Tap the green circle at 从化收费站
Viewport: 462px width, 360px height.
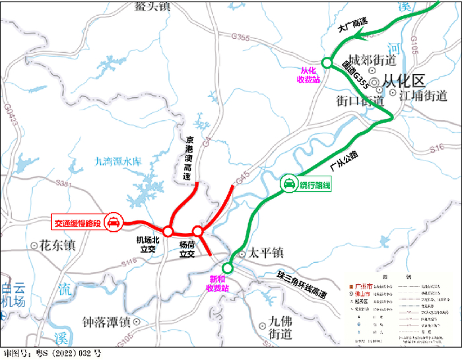(x=326, y=63)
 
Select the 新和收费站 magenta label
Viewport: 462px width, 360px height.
(x=218, y=283)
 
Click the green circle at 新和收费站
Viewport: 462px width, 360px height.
(x=228, y=268)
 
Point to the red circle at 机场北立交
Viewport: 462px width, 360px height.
(x=168, y=231)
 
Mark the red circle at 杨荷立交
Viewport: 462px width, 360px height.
(x=197, y=231)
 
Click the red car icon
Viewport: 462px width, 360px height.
(x=114, y=223)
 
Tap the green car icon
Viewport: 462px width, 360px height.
(x=289, y=186)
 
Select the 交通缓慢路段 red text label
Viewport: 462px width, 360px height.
(x=77, y=223)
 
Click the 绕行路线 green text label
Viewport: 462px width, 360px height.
(x=314, y=186)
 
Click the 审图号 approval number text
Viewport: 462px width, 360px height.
(x=52, y=353)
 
